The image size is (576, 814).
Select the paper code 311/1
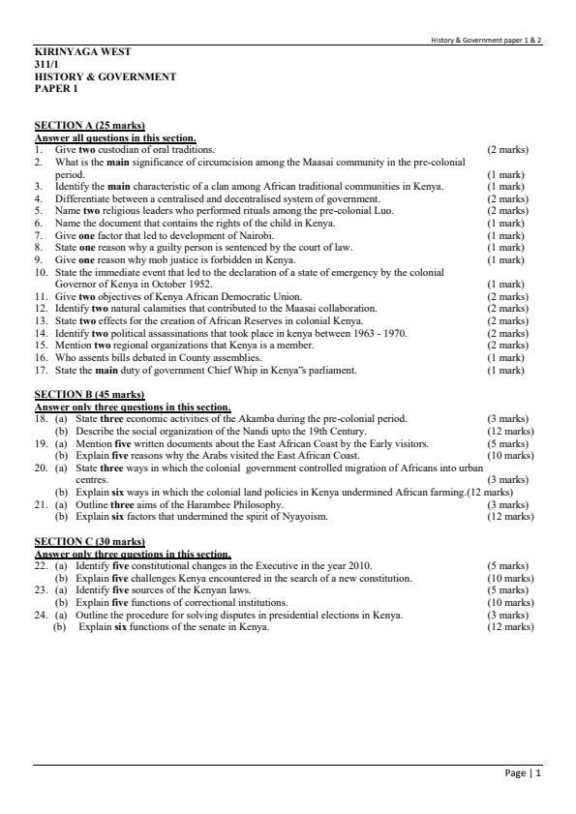pyautogui.click(x=46, y=64)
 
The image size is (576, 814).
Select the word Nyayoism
pyautogui.click(x=308, y=517)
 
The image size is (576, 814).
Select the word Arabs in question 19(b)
pyautogui.click(x=196, y=455)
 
